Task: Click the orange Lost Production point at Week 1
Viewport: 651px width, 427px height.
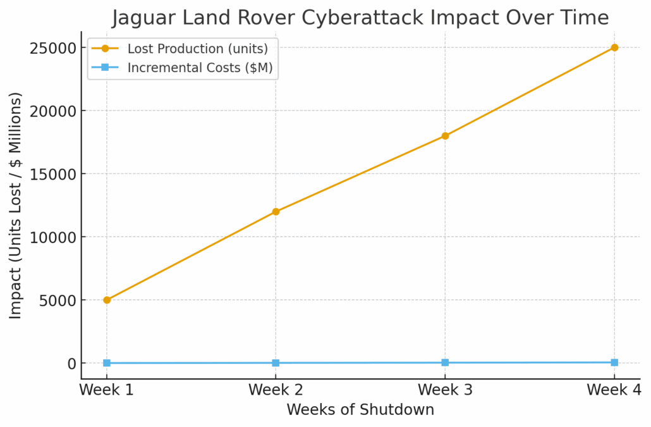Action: pyautogui.click(x=107, y=300)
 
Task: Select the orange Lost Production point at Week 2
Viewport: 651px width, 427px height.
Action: pyautogui.click(x=276, y=211)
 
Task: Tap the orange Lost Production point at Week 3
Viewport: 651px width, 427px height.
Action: pyautogui.click(x=445, y=135)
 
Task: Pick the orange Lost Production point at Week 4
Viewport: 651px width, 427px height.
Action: pyautogui.click(x=614, y=47)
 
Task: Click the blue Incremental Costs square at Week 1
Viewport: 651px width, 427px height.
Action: pyautogui.click(x=107, y=363)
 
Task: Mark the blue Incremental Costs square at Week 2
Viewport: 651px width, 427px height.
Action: pyautogui.click(x=276, y=363)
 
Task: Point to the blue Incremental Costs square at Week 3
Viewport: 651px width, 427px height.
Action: pyautogui.click(x=445, y=362)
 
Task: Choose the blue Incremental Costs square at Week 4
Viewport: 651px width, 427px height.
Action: pyautogui.click(x=614, y=362)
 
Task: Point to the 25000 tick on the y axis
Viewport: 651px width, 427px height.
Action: pyautogui.click(x=52, y=48)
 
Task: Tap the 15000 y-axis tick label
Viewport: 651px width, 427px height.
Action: pyautogui.click(x=52, y=174)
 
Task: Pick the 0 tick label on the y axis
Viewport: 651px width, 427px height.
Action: pyautogui.click(x=72, y=364)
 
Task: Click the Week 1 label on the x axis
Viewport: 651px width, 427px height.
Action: pyautogui.click(x=107, y=390)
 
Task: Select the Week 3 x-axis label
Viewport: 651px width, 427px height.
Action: pyautogui.click(x=445, y=390)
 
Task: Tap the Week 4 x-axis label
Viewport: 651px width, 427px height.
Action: pyautogui.click(x=612, y=390)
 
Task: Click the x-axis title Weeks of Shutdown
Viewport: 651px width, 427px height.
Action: pyautogui.click(x=360, y=410)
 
